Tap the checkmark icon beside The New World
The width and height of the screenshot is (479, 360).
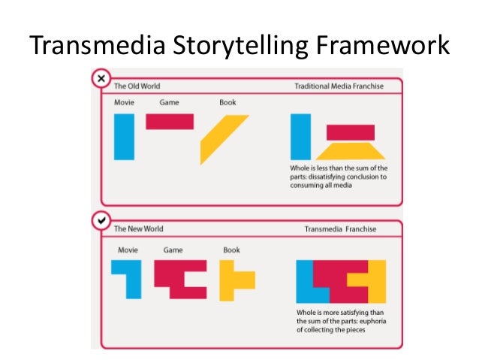(99, 221)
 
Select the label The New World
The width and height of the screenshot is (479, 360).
(138, 228)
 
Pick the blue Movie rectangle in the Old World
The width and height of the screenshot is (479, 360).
(125, 137)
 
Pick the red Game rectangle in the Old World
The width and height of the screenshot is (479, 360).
(170, 121)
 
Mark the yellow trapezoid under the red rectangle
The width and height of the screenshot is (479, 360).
(350, 150)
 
